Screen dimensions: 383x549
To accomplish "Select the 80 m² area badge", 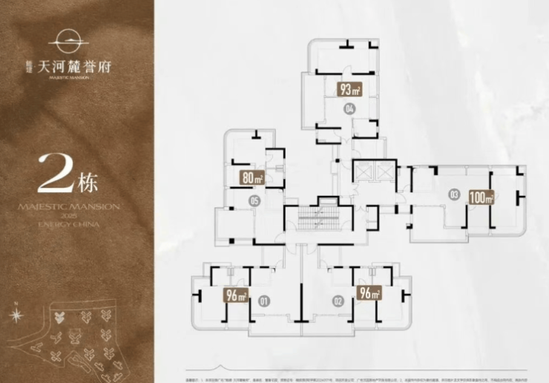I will pyautogui.click(x=253, y=177).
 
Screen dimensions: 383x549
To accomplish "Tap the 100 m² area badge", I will pyautogui.click(x=481, y=197).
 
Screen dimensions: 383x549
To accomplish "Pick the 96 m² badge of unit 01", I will pyautogui.click(x=236, y=296).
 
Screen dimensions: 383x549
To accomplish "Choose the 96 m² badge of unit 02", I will pyautogui.click(x=369, y=292).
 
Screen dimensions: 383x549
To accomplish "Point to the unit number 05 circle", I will pyautogui.click(x=254, y=201).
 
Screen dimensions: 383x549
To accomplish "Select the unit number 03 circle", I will pyautogui.click(x=453, y=194).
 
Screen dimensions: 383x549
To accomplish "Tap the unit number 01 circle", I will pyautogui.click(x=263, y=301).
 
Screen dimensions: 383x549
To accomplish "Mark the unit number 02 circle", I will pyautogui.click(x=338, y=301).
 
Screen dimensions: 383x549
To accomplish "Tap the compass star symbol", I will pyautogui.click(x=16, y=314).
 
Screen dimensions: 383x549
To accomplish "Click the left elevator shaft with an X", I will pyautogui.click(x=364, y=171).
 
